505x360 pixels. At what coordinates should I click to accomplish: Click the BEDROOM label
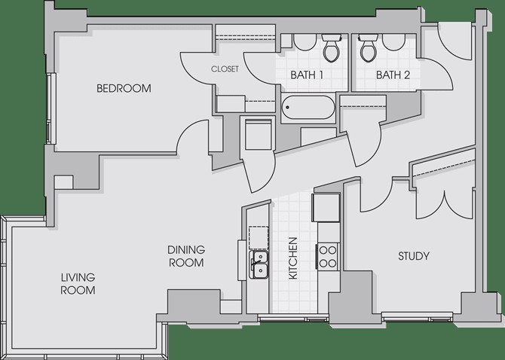pyautogui.click(x=124, y=88)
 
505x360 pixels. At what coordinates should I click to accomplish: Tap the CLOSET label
pyautogui.click(x=225, y=69)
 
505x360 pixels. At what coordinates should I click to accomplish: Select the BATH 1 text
pyautogui.click(x=307, y=75)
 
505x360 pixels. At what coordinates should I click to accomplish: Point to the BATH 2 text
pyautogui.click(x=393, y=75)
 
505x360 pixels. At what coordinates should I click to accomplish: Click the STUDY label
pyautogui.click(x=414, y=256)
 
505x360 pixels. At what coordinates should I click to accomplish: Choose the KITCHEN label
pyautogui.click(x=292, y=258)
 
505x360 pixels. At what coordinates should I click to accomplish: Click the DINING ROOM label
pyautogui.click(x=186, y=256)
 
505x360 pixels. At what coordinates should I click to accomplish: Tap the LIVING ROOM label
pyautogui.click(x=78, y=284)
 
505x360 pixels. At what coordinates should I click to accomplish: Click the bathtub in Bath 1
pyautogui.click(x=308, y=108)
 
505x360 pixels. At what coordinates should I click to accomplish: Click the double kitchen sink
pyautogui.click(x=259, y=265)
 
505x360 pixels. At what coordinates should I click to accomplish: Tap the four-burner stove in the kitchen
pyautogui.click(x=328, y=256)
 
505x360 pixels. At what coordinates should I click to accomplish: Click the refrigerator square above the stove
pyautogui.click(x=326, y=207)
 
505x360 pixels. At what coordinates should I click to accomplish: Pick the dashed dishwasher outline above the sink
pyautogui.click(x=259, y=238)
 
